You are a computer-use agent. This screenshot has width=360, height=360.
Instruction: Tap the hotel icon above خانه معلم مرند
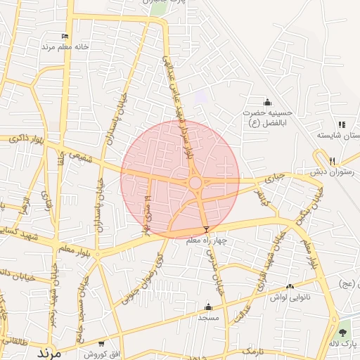point(65,37)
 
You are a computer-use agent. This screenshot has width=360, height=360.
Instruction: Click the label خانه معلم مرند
point(65,46)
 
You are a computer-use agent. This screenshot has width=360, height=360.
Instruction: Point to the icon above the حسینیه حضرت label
point(267,103)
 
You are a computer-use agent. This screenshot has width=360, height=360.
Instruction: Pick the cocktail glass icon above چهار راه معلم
point(206,230)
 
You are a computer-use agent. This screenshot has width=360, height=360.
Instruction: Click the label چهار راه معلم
point(207,240)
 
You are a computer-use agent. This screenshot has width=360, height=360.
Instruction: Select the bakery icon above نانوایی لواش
point(290,286)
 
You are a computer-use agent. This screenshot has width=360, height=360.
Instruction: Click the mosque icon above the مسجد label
point(207,307)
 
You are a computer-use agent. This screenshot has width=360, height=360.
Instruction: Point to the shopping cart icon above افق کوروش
point(102,344)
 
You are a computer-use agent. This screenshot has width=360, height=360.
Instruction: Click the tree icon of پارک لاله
point(342,332)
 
